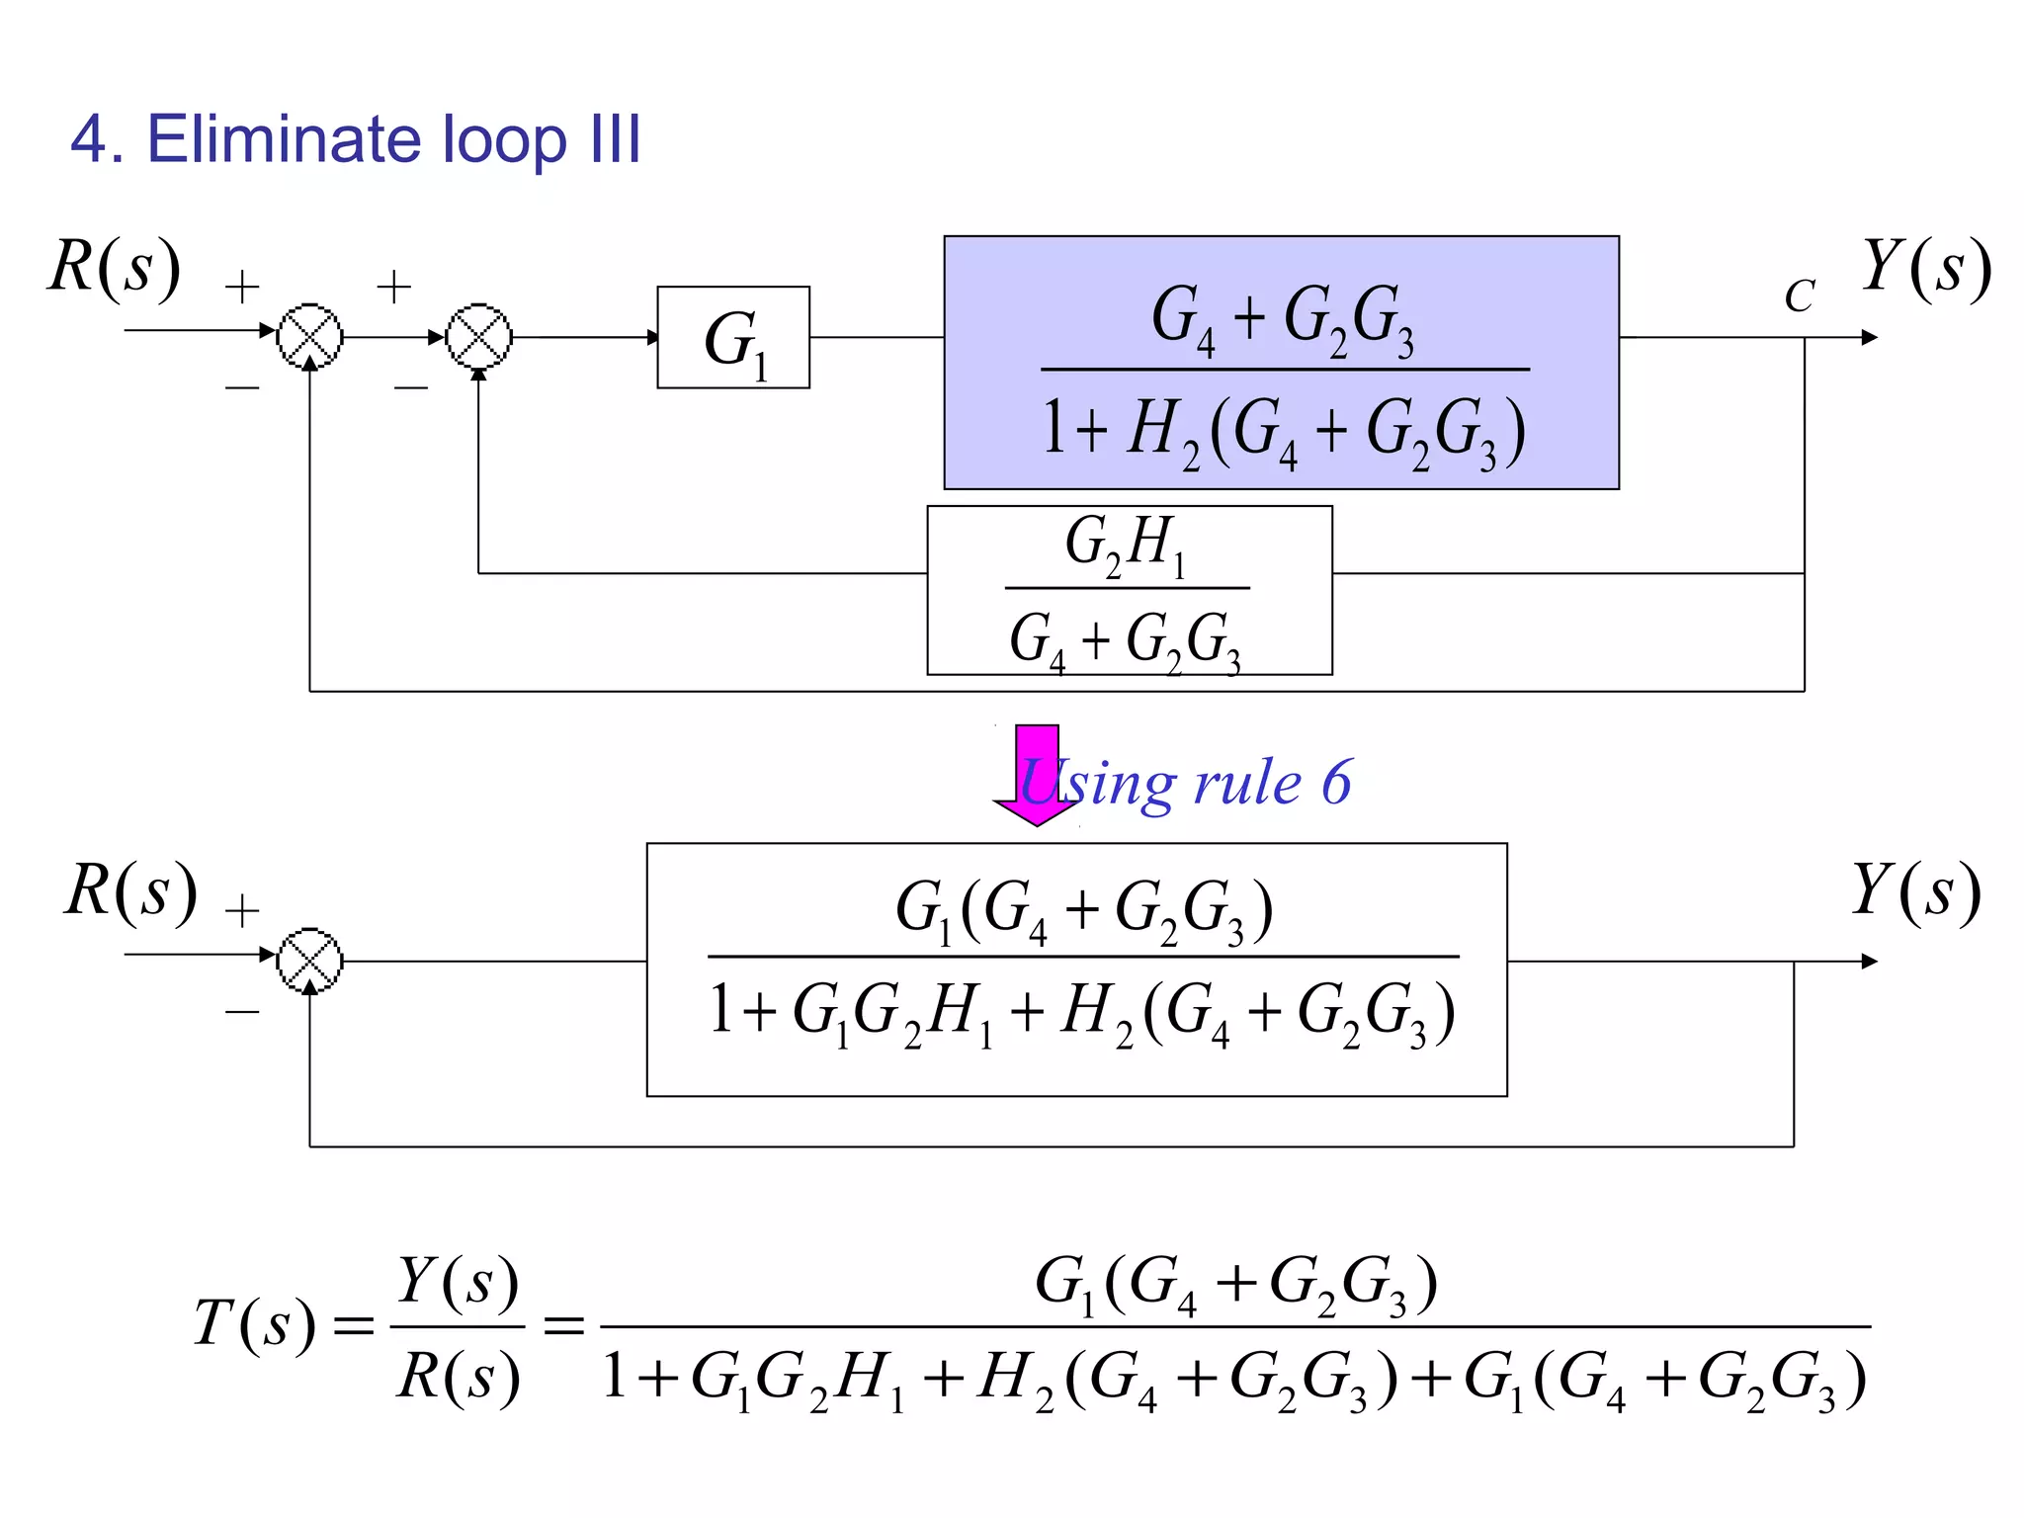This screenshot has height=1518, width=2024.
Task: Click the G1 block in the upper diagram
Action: click(733, 338)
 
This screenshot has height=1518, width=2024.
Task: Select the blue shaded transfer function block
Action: click(1281, 362)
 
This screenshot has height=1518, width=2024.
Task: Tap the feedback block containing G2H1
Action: click(1129, 590)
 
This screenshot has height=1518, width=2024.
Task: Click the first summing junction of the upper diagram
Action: click(310, 337)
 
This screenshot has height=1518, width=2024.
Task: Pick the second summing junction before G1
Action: click(479, 337)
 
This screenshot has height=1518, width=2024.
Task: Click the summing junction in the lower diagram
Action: click(310, 961)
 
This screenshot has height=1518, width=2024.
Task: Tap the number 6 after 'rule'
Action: click(1336, 783)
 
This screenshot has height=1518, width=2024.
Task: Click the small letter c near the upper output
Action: click(1799, 295)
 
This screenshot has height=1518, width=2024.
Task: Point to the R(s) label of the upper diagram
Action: click(115, 267)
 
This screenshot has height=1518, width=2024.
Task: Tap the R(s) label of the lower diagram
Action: click(130, 890)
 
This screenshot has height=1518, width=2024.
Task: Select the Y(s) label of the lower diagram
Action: click(1915, 890)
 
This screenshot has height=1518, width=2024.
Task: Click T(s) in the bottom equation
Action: click(255, 1323)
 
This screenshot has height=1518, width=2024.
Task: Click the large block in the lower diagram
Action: click(1076, 970)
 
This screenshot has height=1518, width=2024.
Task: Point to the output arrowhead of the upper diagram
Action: click(1869, 338)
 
